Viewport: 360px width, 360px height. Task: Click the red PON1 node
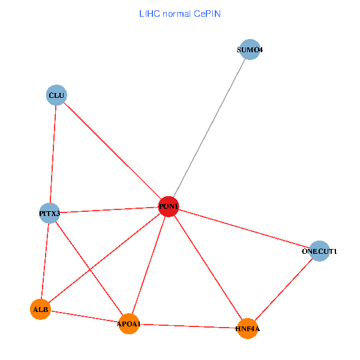click(169, 206)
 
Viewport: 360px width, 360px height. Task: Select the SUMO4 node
click(249, 50)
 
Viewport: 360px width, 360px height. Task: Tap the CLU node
click(56, 95)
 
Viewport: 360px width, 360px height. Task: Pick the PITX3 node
click(49, 213)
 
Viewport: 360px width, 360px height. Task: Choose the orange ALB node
click(40, 309)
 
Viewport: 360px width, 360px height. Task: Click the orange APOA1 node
click(128, 324)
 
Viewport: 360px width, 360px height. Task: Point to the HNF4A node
click(247, 329)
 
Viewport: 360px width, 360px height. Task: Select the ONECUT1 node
click(319, 251)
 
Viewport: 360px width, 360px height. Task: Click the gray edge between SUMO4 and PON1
click(209, 128)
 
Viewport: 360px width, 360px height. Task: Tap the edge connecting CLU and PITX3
click(53, 154)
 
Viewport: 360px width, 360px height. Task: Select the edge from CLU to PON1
click(112, 151)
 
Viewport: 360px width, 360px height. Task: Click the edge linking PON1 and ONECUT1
click(244, 229)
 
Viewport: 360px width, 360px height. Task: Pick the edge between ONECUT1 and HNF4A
click(283, 290)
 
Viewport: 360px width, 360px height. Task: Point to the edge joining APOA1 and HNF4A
click(188, 326)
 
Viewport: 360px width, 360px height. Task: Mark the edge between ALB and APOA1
click(84, 316)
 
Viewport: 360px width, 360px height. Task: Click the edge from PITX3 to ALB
click(44, 261)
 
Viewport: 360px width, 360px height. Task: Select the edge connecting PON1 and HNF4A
click(208, 268)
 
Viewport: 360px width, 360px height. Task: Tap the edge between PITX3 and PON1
click(109, 210)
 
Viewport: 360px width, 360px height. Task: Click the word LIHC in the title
click(148, 13)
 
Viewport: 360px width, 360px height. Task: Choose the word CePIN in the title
click(206, 13)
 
